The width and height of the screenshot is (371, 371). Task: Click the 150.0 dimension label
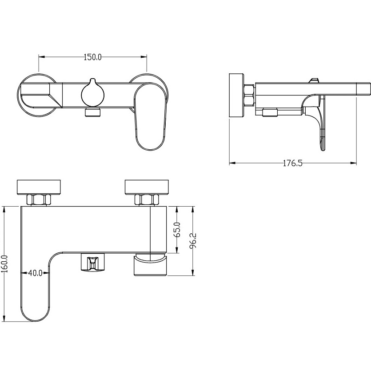coord(93,57)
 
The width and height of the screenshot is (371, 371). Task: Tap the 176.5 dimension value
coord(293,163)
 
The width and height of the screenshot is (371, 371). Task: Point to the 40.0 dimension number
coord(35,273)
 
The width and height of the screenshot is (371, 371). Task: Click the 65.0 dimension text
coord(177,230)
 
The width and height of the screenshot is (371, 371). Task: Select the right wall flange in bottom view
coord(148,187)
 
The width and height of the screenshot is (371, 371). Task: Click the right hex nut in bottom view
coord(148,200)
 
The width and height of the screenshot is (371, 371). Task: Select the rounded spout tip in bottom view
coord(36,311)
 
